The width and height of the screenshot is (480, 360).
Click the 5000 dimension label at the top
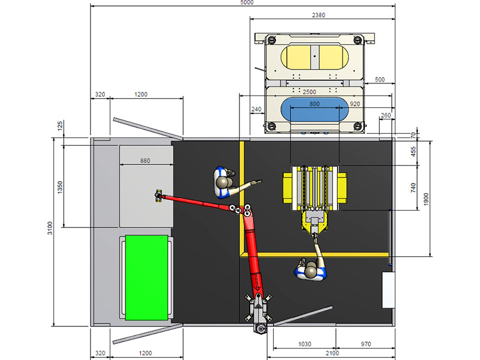pyautogui.click(x=247, y=2)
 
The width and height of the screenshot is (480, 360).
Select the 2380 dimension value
pyautogui.click(x=319, y=15)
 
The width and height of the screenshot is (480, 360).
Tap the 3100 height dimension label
pyautogui.click(x=50, y=228)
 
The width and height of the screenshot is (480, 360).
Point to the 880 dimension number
pyautogui.click(x=145, y=161)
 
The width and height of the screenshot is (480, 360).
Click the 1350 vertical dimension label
pyautogui.click(x=60, y=187)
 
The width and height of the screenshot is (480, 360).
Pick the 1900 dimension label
pyautogui.click(x=426, y=199)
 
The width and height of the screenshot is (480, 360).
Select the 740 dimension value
pyautogui.click(x=413, y=188)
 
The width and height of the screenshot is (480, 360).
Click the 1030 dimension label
pyautogui.click(x=305, y=344)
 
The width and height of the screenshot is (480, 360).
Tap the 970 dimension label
pyautogui.click(x=366, y=344)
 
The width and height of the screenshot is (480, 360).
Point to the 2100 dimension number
pyautogui.click(x=332, y=353)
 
